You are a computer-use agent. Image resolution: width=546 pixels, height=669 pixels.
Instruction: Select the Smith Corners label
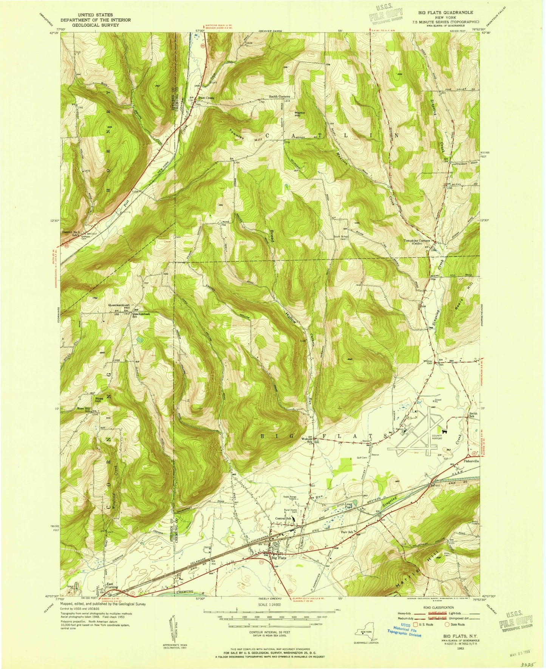[279, 97]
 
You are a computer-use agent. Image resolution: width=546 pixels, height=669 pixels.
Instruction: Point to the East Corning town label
[112, 596]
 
